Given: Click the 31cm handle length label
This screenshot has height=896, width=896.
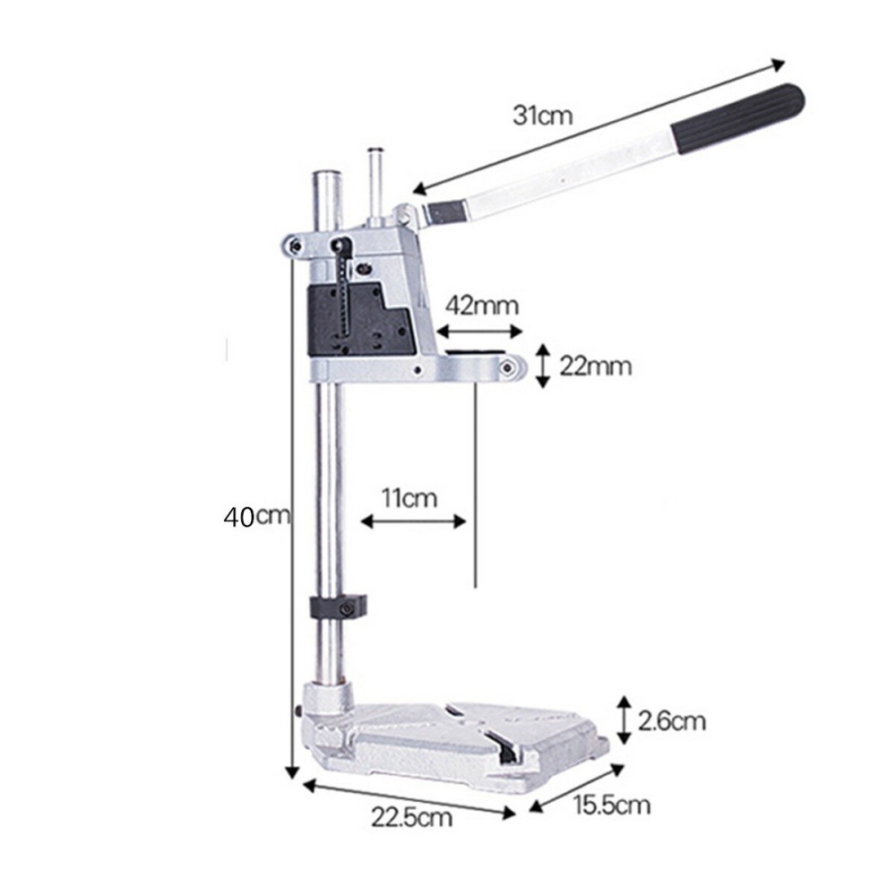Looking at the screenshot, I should [x=542, y=116].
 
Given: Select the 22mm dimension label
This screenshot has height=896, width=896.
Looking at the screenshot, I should [x=595, y=366].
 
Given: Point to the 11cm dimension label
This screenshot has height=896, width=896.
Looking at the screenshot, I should [x=409, y=498].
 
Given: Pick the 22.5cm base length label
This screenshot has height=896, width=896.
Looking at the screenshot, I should [x=411, y=816].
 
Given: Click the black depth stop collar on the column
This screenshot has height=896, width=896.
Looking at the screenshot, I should [x=340, y=607].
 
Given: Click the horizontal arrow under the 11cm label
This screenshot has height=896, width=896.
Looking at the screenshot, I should [x=413, y=520].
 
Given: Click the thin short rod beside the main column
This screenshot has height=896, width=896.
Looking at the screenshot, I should [x=376, y=179].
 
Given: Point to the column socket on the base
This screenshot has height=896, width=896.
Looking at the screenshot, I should [x=327, y=700].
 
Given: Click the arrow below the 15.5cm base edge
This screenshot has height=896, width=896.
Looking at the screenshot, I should [x=574, y=788].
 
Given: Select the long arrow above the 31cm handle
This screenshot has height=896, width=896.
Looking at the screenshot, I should [x=599, y=125].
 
